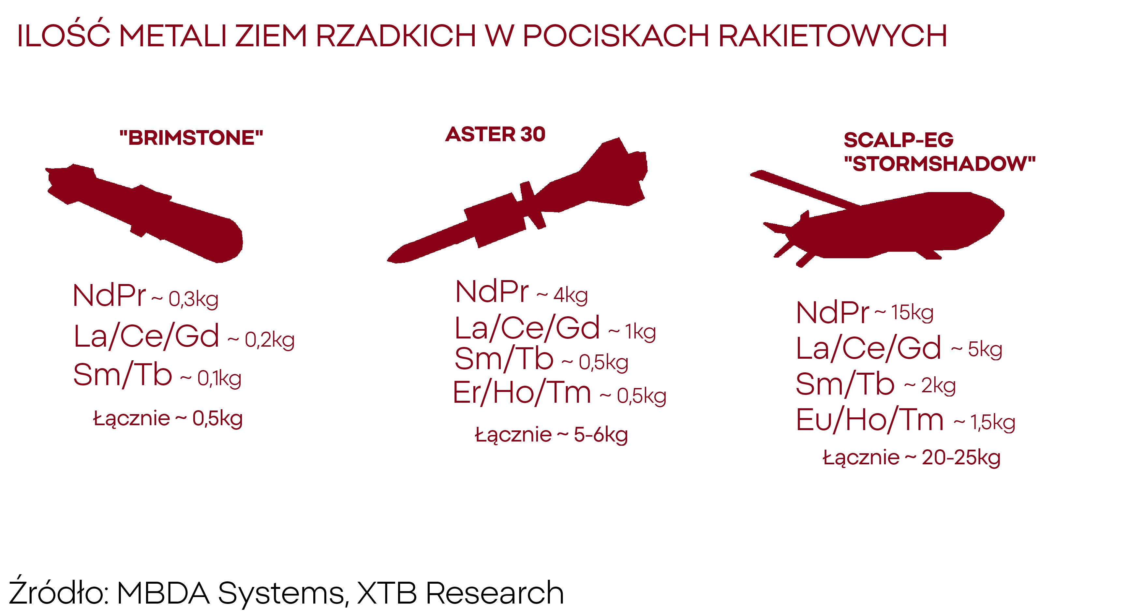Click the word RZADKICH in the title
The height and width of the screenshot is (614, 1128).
[395, 36]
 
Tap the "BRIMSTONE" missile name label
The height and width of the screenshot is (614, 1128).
[191, 138]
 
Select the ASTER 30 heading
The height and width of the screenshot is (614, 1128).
[495, 134]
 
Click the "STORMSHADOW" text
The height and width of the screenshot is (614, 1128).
[940, 164]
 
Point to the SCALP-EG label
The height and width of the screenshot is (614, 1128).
[898, 140]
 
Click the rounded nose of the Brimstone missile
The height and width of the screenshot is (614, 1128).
[232, 243]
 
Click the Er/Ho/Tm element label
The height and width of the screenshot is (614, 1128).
[522, 392]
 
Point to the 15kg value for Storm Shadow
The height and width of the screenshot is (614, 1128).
[913, 313]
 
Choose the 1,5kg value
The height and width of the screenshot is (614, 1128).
[993, 423]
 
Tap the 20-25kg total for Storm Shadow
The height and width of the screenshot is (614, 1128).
[961, 458]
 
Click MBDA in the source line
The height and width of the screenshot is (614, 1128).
[163, 593]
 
